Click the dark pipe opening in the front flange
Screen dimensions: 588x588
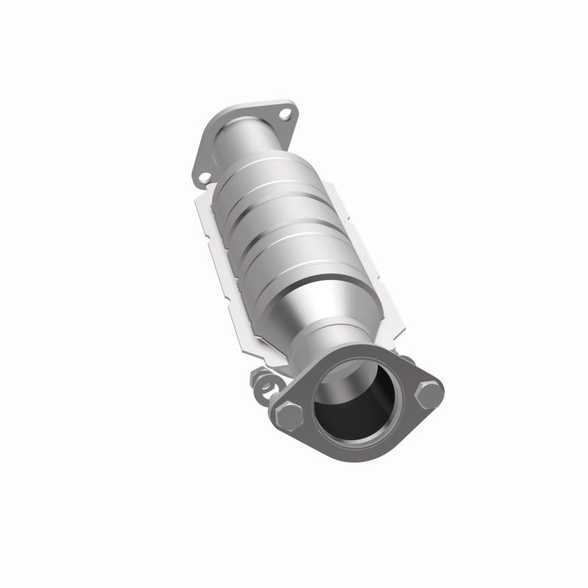pyautogui.click(x=353, y=412)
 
